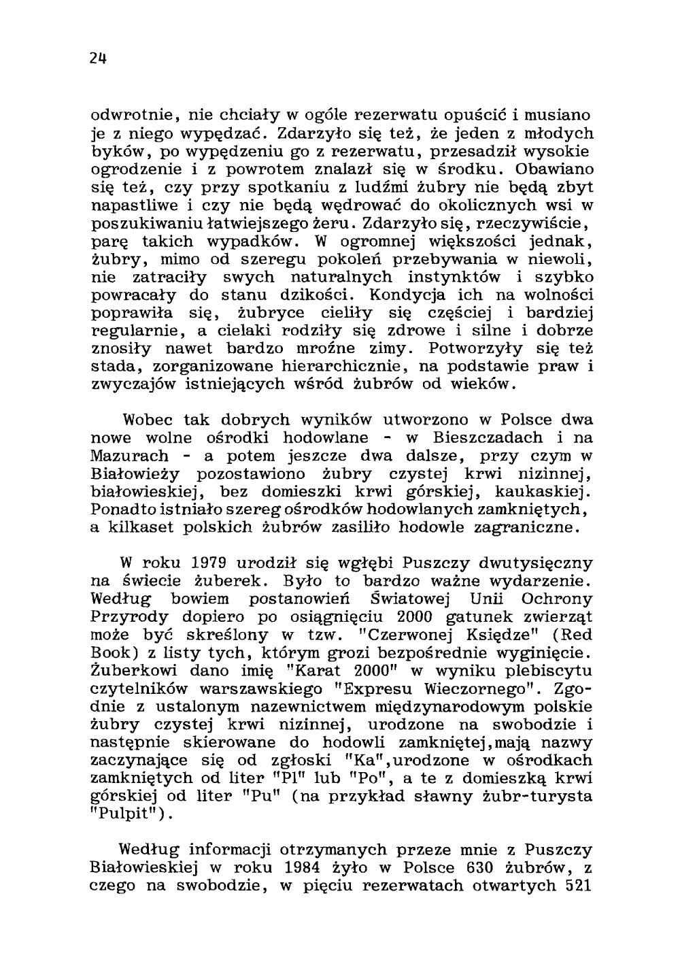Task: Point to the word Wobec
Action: [x=146, y=419]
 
